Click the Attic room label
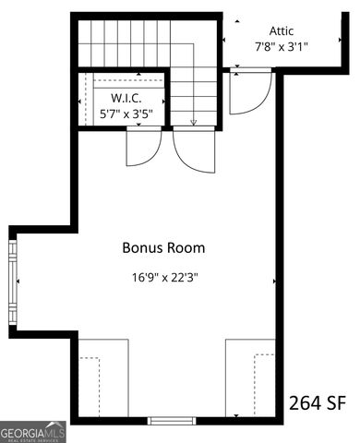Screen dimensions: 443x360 tap(282, 30)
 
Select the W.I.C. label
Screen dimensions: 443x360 tap(126, 99)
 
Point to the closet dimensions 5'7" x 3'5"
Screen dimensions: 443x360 tap(126, 114)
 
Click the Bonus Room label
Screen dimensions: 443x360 tap(163, 247)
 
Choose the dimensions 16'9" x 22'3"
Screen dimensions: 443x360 tap(163, 276)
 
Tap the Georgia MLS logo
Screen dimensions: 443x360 tap(33, 432)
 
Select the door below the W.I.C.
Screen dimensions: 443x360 tap(144, 148)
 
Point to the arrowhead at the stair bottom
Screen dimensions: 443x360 tap(193, 122)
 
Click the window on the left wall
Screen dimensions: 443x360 tap(13, 281)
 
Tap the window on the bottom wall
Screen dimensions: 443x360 tap(172, 420)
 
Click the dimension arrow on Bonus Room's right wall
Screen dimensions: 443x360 tap(273, 280)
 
